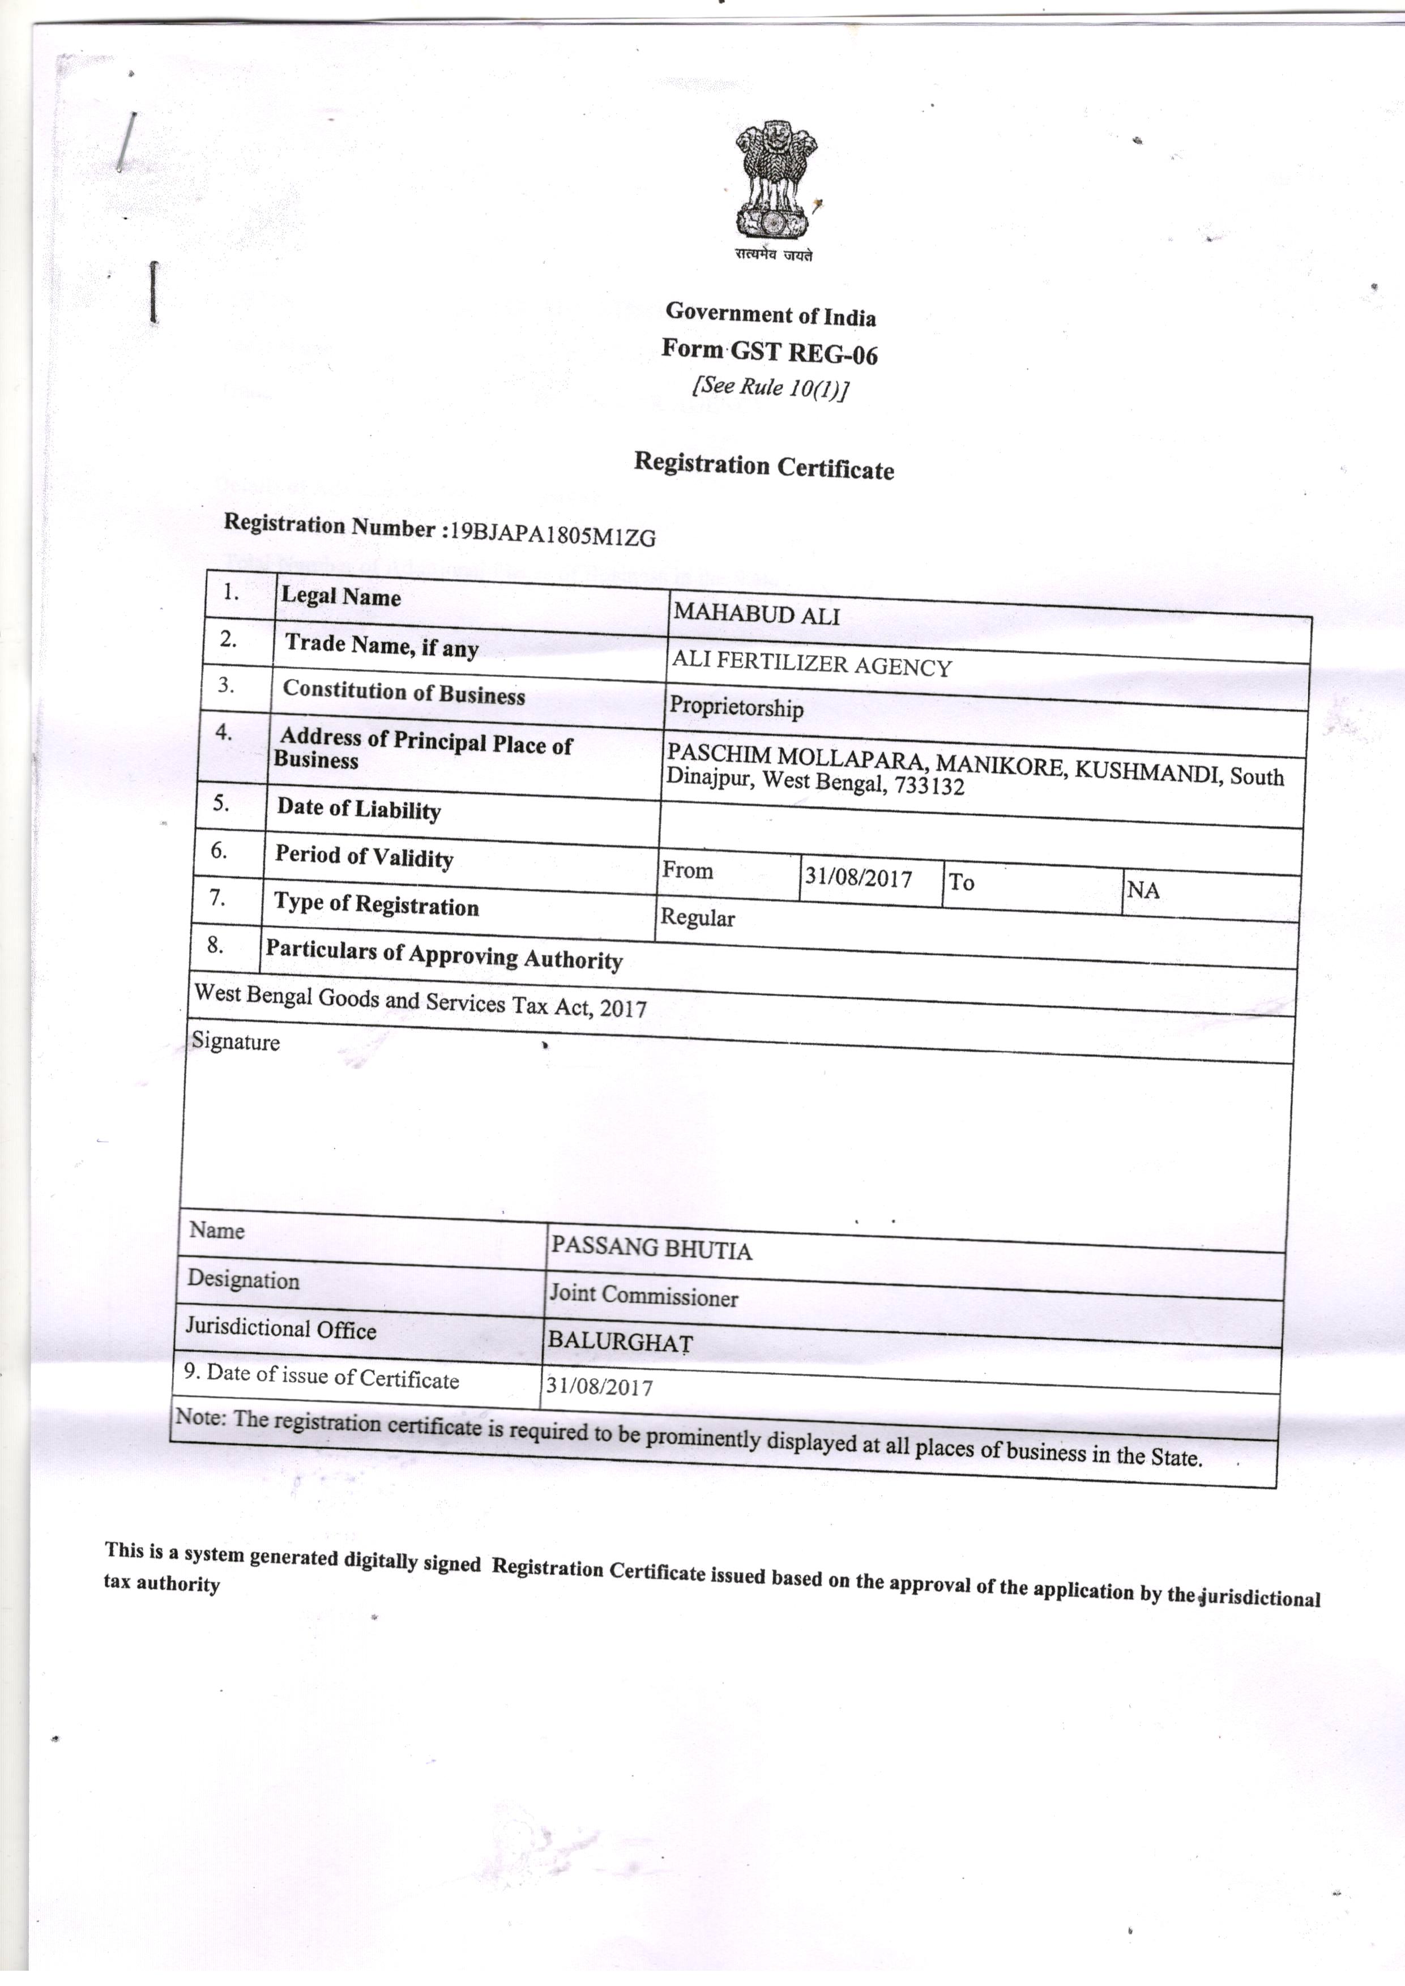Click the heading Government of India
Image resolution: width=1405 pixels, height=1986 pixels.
click(770, 316)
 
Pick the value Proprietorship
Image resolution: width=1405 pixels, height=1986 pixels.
click(736, 707)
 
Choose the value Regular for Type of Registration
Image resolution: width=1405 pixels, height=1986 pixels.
click(697, 917)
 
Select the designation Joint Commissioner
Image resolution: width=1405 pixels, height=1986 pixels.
click(644, 1295)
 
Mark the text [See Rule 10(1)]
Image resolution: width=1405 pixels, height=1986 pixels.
click(769, 387)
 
